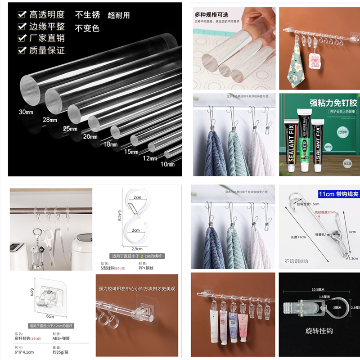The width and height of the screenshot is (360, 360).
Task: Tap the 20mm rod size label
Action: (x=90, y=137)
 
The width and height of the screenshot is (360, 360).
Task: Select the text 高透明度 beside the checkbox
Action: (x=47, y=14)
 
